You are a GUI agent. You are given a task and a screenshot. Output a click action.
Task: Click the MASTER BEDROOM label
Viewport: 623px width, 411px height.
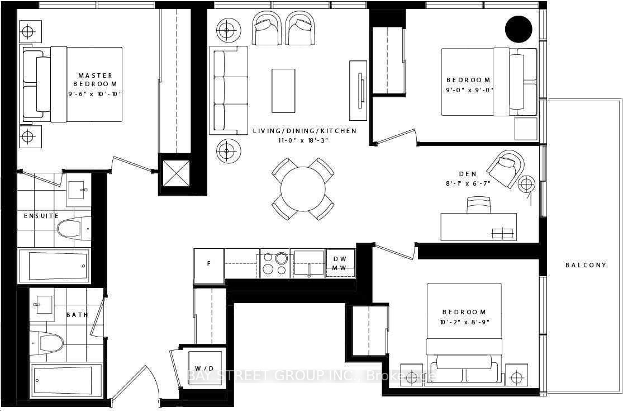point(96,79)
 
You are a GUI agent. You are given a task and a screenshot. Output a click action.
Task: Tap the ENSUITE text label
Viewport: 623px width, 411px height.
point(41,216)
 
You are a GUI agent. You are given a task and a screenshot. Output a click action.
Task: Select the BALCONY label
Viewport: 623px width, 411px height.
point(586,264)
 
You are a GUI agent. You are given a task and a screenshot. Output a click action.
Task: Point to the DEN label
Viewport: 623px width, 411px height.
point(468,174)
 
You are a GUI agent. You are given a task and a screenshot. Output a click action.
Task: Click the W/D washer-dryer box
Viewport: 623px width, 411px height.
point(205,368)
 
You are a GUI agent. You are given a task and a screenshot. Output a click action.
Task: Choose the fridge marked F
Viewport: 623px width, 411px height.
point(209,266)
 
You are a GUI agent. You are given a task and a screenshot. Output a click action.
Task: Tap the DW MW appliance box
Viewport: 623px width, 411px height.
point(340,263)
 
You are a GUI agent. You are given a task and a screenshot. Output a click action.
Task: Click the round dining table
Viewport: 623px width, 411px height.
point(303,189)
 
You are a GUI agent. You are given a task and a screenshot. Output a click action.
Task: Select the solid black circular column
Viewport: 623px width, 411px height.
point(519,29)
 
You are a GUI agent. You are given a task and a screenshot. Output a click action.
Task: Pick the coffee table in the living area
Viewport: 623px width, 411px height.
point(283,91)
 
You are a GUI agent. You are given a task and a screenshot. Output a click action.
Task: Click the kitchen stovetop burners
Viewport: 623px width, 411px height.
point(274,263)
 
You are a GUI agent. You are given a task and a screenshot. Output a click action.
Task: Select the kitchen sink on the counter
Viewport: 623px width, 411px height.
point(308,263)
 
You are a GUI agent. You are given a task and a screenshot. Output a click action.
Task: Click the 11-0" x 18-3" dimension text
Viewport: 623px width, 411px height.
point(303,140)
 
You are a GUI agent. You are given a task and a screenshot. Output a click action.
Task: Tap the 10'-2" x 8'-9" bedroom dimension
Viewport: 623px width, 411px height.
point(464,322)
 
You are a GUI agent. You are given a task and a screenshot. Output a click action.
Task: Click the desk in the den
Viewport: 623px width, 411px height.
point(479,227)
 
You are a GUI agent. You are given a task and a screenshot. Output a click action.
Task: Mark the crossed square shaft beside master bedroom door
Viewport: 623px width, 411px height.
point(175,173)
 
